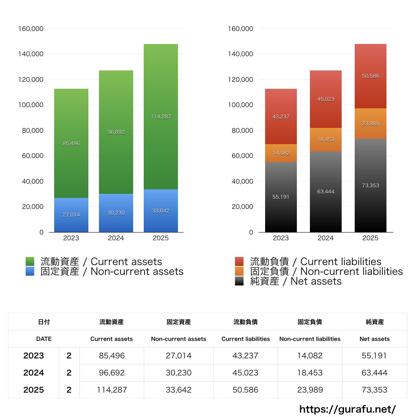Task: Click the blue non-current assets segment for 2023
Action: pos(71,215)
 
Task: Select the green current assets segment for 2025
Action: pos(161,116)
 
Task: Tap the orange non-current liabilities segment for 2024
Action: pos(326,140)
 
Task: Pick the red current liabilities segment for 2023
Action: pos(281,116)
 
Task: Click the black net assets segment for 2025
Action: pos(371,186)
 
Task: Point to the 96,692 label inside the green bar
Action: pos(116,132)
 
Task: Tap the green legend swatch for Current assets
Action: pos(30,261)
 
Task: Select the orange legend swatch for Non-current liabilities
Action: pos(239,271)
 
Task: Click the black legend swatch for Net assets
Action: pos(239,281)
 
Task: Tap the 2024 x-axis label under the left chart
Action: pos(116,238)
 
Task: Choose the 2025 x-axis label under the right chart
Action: pos(371,238)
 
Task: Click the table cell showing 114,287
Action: pos(112,390)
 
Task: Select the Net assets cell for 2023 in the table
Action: pos(375,356)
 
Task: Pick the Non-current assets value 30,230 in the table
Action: pos(178,373)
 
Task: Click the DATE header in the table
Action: pos(44,339)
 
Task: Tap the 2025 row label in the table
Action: pos(34,390)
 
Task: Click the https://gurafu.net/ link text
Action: pos(347,409)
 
